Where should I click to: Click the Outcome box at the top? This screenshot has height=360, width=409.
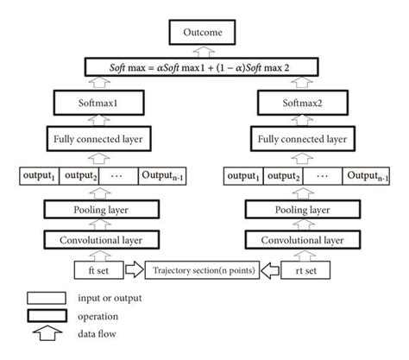pos(204,34)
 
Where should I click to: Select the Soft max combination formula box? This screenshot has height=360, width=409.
pos(204,65)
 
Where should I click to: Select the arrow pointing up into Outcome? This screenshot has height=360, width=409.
pos(204,49)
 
